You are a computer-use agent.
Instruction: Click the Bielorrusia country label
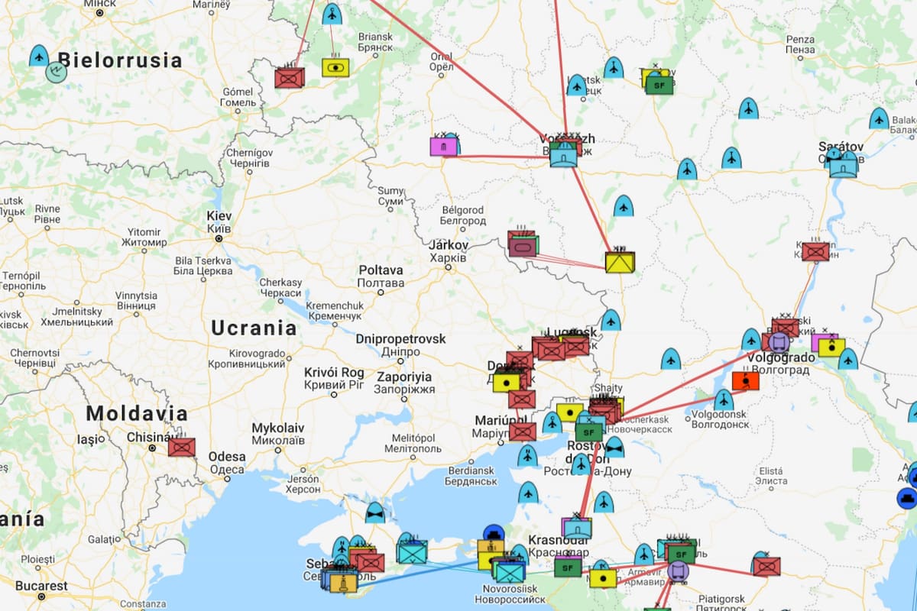point(119,60)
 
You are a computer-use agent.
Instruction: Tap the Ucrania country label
point(254,328)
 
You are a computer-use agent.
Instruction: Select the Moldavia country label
point(137,414)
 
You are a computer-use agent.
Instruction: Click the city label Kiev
point(219,216)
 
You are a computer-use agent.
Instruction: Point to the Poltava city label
point(381,270)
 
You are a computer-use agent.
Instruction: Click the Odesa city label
point(228,457)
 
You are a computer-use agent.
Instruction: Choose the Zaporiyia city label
point(403,377)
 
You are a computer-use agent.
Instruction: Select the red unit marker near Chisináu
point(182,447)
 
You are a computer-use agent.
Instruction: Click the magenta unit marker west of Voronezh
point(442,146)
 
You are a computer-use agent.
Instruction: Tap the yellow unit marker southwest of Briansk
point(335,67)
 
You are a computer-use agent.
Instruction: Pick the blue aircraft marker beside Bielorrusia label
point(39,56)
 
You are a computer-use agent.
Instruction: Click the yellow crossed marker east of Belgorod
point(620,263)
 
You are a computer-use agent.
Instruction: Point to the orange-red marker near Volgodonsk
point(744,380)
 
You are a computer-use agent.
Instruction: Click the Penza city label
point(800,40)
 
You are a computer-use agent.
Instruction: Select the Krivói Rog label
point(334,372)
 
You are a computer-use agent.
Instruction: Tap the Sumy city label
point(390,190)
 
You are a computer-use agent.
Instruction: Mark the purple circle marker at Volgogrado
point(779,341)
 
